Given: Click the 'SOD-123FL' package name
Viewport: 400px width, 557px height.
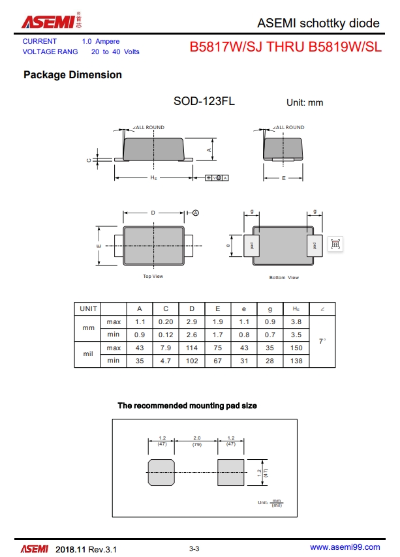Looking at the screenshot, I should tap(204, 101).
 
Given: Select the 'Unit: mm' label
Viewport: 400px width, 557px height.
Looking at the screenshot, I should tap(305, 102).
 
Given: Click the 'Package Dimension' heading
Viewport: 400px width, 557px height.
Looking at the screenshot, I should tap(72, 75).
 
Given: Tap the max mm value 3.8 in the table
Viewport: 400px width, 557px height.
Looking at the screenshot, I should tap(296, 322).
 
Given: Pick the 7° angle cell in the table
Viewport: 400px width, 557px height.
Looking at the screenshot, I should tap(322, 341).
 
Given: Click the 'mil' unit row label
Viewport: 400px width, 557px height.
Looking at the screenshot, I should tap(89, 354).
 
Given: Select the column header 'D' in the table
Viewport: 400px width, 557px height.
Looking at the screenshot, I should tap(192, 309).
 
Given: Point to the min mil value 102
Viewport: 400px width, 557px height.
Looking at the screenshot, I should tap(192, 360).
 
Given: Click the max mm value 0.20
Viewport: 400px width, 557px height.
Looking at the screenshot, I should tap(166, 322).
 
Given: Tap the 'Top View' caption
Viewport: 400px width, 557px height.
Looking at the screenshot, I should tap(153, 277).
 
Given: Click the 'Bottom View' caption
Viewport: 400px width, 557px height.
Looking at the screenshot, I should tap(284, 278).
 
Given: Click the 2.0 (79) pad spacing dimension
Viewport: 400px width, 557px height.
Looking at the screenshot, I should tap(196, 442).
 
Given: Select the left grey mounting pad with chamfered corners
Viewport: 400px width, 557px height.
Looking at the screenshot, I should tap(161, 472).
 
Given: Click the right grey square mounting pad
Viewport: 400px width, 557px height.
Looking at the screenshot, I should tap(230, 472).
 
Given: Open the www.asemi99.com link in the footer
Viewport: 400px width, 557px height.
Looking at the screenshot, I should tap(345, 547).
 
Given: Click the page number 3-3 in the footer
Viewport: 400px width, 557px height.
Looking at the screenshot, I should tap(194, 549).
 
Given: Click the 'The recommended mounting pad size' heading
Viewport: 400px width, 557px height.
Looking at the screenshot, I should tap(187, 406).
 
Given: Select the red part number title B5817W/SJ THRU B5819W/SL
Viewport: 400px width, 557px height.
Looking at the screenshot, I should tap(285, 47).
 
